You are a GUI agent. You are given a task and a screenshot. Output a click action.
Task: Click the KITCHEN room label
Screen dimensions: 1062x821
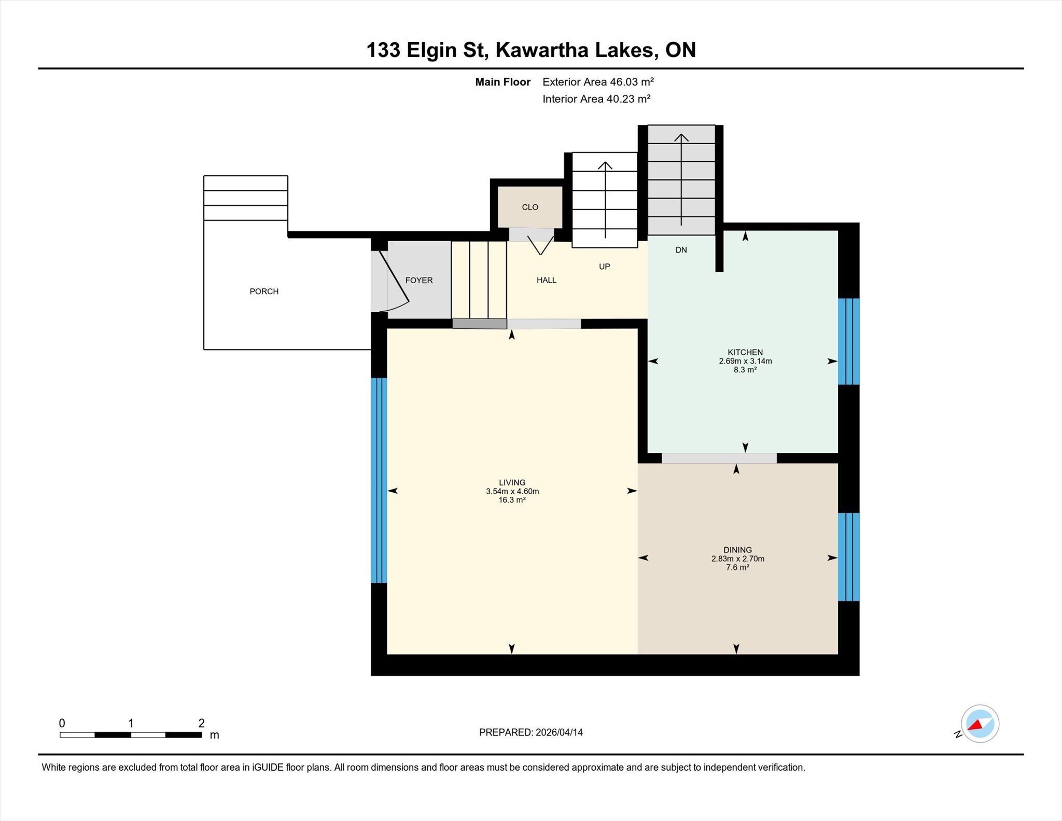coord(745,352)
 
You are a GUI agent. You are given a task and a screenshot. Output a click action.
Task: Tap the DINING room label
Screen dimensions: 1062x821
coord(737,550)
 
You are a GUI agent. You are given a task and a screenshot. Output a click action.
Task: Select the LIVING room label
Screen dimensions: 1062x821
coord(512,482)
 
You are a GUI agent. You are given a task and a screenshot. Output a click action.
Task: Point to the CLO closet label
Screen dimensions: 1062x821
coord(530,207)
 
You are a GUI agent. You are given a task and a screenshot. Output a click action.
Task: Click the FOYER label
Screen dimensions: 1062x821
coord(419,280)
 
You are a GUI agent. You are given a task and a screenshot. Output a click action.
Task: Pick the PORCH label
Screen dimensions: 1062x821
coord(264,291)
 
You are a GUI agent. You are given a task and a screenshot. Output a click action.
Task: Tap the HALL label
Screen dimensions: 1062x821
coord(547,280)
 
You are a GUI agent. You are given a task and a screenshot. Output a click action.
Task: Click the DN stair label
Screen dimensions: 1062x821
coord(681,250)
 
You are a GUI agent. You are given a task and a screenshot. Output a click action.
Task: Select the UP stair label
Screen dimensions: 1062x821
coord(605,267)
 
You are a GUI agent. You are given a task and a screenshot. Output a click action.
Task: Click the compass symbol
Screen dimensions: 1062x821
coord(980,724)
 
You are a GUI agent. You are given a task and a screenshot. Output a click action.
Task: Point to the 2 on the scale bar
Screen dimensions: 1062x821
coord(201,723)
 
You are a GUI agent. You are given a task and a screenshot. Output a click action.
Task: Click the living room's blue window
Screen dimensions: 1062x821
coord(379,480)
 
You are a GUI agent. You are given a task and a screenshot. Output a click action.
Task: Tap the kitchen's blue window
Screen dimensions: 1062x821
coord(849,341)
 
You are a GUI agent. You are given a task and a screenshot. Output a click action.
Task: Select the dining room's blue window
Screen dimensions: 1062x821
coord(849,557)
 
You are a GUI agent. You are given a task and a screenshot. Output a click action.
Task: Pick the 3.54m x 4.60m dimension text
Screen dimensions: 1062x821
coord(512,491)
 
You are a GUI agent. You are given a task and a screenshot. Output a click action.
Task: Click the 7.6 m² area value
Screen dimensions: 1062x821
coord(737,567)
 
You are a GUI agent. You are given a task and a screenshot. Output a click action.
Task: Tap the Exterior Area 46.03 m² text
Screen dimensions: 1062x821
coord(598,82)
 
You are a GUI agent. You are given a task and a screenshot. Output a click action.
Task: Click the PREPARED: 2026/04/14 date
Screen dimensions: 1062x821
coord(531,732)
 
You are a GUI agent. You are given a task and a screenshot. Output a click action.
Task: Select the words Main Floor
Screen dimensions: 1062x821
coord(503,82)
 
